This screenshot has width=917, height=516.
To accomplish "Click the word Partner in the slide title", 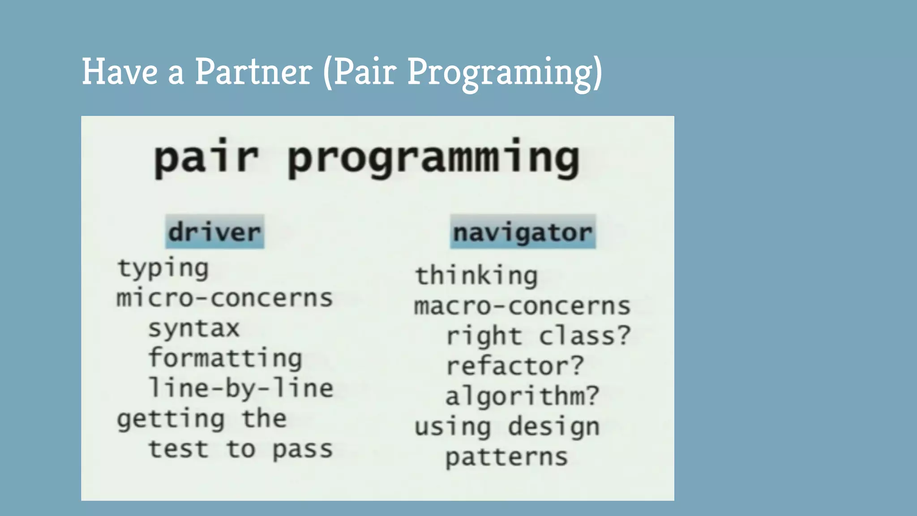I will click(x=253, y=72).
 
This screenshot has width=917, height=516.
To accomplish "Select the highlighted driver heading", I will click(x=214, y=232).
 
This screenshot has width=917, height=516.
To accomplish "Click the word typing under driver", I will click(x=163, y=269).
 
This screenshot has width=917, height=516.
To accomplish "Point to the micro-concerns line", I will click(x=225, y=298).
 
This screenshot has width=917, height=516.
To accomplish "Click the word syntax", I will click(x=194, y=328).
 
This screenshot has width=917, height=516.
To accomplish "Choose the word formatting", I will click(x=225, y=358).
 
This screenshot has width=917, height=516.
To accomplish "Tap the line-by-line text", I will click(x=241, y=388).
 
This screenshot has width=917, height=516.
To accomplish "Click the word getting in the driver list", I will click(x=171, y=419).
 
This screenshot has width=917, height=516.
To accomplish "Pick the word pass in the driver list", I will click(x=303, y=449).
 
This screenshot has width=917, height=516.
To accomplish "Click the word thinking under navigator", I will click(x=476, y=276).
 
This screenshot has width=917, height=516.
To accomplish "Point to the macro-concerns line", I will click(x=522, y=306).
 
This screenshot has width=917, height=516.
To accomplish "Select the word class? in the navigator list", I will click(x=584, y=336).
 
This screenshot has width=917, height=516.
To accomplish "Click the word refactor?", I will click(x=515, y=366).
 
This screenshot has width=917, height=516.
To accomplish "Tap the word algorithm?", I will click(x=522, y=396).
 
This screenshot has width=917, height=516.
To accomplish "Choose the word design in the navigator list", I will click(x=553, y=426).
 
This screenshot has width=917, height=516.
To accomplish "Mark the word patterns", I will click(x=506, y=457).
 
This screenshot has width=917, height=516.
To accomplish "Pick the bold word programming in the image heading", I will click(x=433, y=159).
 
